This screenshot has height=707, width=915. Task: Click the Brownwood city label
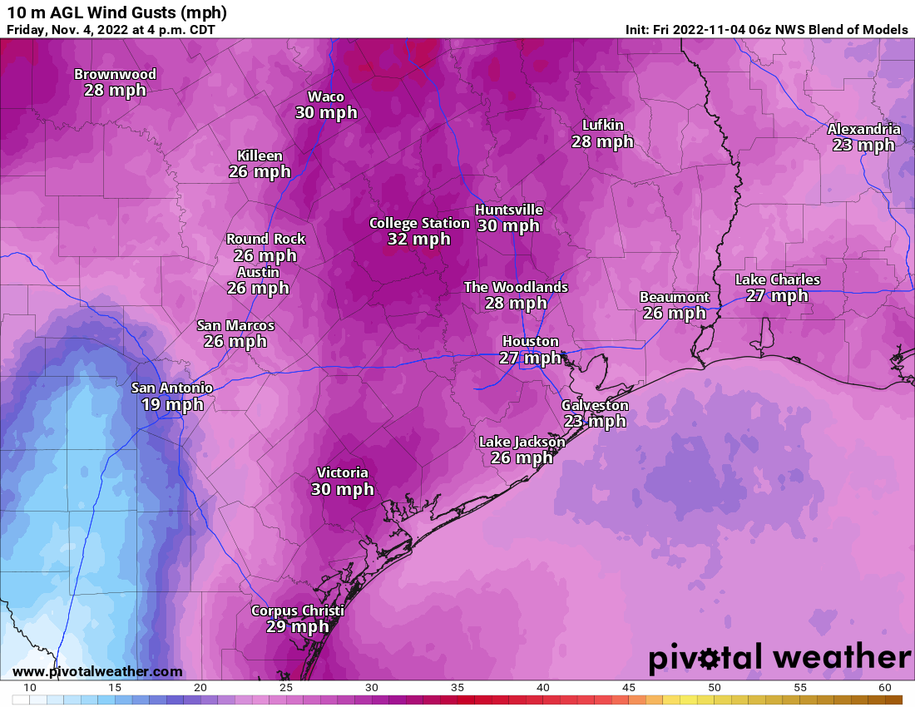pyautogui.click(x=115, y=74)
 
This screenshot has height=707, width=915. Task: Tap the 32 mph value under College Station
pyautogui.click(x=418, y=240)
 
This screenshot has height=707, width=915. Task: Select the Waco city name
pyautogui.click(x=326, y=96)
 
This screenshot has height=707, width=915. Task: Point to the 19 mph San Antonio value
pyautogui.click(x=172, y=405)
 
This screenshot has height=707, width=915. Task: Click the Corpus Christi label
pyautogui.click(x=297, y=611)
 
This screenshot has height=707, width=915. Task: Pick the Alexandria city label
pyautogui.click(x=863, y=129)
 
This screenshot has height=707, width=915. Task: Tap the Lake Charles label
pyautogui.click(x=777, y=279)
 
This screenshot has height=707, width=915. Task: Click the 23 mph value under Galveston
pyautogui.click(x=595, y=422)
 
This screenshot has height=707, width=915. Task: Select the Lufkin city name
pyautogui.click(x=602, y=125)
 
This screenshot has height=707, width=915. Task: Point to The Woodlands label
pyautogui.click(x=516, y=287)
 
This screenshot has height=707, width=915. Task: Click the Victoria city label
pyautogui.click(x=342, y=472)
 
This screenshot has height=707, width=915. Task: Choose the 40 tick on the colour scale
pyautogui.click(x=543, y=688)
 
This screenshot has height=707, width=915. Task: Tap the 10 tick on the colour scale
pyautogui.click(x=29, y=688)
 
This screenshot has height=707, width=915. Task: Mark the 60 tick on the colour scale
pyautogui.click(x=885, y=688)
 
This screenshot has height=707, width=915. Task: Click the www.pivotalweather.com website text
pyautogui.click(x=97, y=671)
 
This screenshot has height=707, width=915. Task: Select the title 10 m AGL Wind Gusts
pyautogui.click(x=116, y=12)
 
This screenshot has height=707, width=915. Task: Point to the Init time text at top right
pyautogui.click(x=766, y=30)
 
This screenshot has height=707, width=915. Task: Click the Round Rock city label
pyautogui.click(x=265, y=239)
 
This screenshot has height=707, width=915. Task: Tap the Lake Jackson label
pyautogui.click(x=522, y=442)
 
